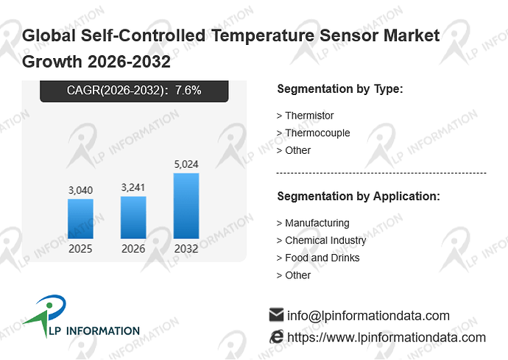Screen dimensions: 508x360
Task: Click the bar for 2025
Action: coord(80,219)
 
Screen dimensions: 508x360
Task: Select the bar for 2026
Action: coord(133,217)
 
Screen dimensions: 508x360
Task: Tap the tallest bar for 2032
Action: coord(186,205)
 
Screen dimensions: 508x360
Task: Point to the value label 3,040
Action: coord(80,190)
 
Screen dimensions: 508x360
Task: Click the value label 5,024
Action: coord(186,164)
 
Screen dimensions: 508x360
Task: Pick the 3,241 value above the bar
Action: coord(133,187)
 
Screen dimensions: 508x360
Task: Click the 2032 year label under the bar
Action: coord(186,249)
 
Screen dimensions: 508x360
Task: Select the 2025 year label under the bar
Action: coord(80,249)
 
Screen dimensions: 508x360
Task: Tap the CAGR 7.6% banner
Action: coord(134,91)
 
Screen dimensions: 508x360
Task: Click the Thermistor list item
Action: coord(305,116)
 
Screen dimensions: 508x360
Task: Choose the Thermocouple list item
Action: coord(313,133)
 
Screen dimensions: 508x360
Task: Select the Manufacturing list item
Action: coord(313,223)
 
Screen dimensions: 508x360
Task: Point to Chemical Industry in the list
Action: coord(321,241)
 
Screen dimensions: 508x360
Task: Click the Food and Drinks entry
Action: coord(318,258)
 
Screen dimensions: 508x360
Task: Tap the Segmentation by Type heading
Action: coord(340,89)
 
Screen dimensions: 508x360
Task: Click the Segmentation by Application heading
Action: coord(359,197)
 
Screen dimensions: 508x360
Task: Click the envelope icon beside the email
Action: coord(276,314)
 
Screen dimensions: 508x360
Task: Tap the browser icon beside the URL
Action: coord(276,336)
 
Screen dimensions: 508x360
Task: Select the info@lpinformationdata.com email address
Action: coord(368,316)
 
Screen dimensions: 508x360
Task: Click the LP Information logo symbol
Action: coord(46,315)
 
